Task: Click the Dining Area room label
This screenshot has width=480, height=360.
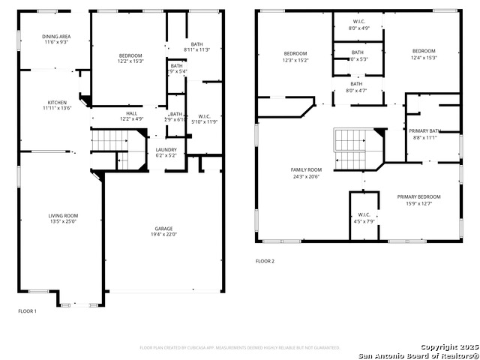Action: coord(57,37)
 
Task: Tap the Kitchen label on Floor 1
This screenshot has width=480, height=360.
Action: coord(57,102)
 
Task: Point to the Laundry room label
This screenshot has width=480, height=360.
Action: coord(166,149)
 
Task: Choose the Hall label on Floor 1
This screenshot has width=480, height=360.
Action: coord(131,113)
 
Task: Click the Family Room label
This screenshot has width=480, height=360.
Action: coord(306,169)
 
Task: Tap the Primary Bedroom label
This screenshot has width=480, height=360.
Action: coord(419,196)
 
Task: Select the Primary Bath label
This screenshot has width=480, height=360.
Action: coord(424,131)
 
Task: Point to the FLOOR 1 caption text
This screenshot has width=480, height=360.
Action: coord(27,310)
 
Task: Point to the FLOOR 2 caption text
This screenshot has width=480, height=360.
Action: coord(265,261)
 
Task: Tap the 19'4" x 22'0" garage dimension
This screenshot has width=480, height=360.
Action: coord(165,235)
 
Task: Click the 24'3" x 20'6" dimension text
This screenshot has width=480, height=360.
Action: coord(306,176)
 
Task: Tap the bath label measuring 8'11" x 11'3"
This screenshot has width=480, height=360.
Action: coord(196,44)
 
